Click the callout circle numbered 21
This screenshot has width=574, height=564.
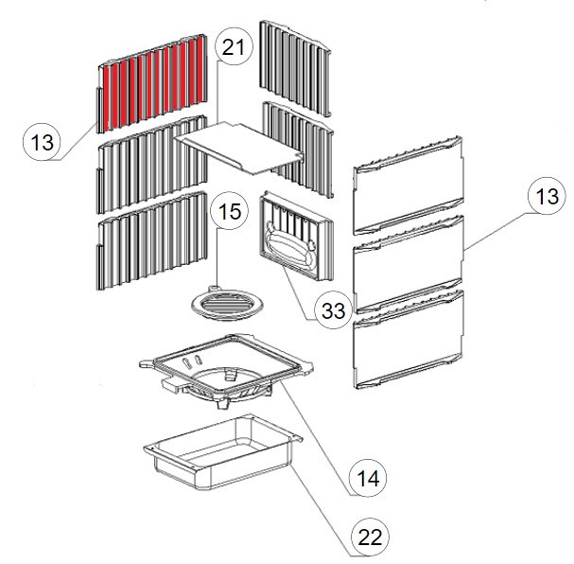click(234, 47)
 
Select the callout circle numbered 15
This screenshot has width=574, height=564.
click(230, 211)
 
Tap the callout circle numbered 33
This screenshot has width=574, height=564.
click(333, 310)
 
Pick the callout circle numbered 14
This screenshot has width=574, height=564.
click(368, 478)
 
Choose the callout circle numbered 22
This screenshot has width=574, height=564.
click(370, 537)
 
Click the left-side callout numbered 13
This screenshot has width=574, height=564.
click(42, 141)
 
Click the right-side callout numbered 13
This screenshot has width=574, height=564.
click(547, 196)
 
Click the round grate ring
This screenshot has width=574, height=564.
click(227, 303)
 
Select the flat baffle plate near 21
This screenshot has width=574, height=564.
click(240, 149)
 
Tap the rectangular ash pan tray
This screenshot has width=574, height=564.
click(223, 452)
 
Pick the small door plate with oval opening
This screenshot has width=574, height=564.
click(296, 235)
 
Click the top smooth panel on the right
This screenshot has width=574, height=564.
click(409, 185)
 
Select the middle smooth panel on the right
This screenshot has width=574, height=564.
click(409, 264)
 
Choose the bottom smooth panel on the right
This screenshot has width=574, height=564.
click(409, 339)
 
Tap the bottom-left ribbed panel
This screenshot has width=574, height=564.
click(151, 240)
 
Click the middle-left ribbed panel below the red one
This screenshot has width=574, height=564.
click(151, 165)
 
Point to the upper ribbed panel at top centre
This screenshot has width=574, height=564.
click(295, 68)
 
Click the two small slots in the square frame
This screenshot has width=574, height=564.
click(192, 361)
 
